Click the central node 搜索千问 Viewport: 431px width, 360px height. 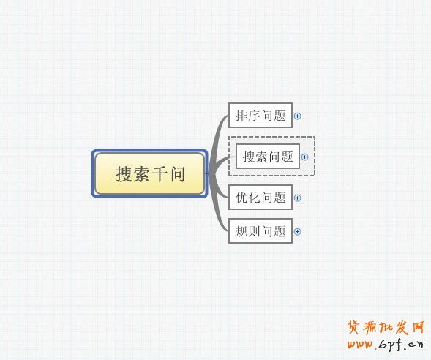coord(150,173)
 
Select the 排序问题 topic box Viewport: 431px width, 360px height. coord(261,116)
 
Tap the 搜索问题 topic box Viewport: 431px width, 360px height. coord(268,157)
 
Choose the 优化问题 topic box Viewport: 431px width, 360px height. coord(261,198)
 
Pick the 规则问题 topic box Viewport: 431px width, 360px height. coord(261,231)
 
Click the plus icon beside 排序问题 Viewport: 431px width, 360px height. coord(297,116)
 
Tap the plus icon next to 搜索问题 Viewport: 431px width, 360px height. coord(304,157)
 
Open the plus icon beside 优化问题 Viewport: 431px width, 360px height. coord(297,198)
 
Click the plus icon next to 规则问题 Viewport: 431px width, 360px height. coord(297,232)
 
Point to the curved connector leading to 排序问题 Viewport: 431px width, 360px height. coord(216,138)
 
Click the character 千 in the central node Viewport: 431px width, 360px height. coord(160,174)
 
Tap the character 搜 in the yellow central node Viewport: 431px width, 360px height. coord(124,174)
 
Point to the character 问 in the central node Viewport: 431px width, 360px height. coord(178,174)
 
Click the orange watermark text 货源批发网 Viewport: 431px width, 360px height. coord(386,328)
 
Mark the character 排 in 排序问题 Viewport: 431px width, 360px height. coord(241,116)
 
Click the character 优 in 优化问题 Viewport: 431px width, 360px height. coord(241,198)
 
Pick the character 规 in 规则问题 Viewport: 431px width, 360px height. coord(241,231)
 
